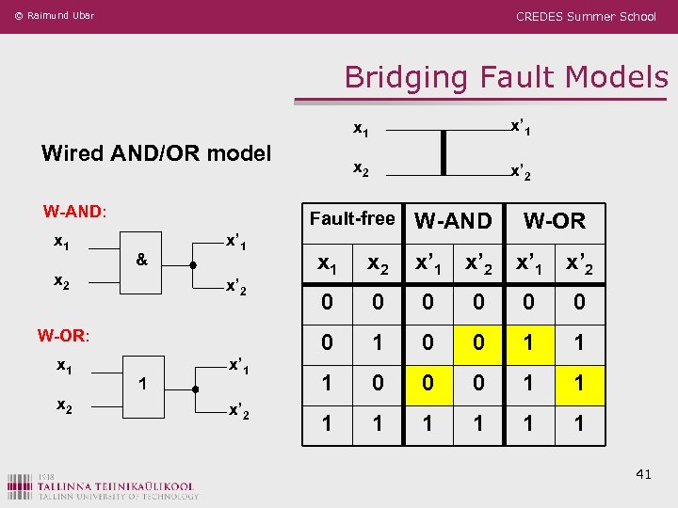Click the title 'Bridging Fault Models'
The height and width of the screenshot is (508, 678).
(x=506, y=76)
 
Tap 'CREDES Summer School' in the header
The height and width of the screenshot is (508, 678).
(x=586, y=16)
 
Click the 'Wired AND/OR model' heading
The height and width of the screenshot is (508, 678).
(x=156, y=152)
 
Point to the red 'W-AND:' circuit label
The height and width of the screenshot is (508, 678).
(x=74, y=211)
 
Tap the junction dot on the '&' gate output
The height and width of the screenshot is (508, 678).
(x=192, y=265)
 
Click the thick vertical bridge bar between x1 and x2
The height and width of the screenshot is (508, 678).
(x=442, y=152)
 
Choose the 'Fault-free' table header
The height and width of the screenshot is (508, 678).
(x=352, y=219)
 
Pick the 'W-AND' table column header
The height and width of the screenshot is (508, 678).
(x=453, y=221)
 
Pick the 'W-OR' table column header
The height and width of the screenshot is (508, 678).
(x=554, y=221)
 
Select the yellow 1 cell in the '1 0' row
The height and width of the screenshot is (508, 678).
(x=579, y=384)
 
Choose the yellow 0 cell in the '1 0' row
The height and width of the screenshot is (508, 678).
(x=428, y=384)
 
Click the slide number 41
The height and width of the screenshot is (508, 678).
(x=642, y=474)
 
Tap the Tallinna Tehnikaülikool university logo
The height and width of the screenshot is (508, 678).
(x=104, y=484)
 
